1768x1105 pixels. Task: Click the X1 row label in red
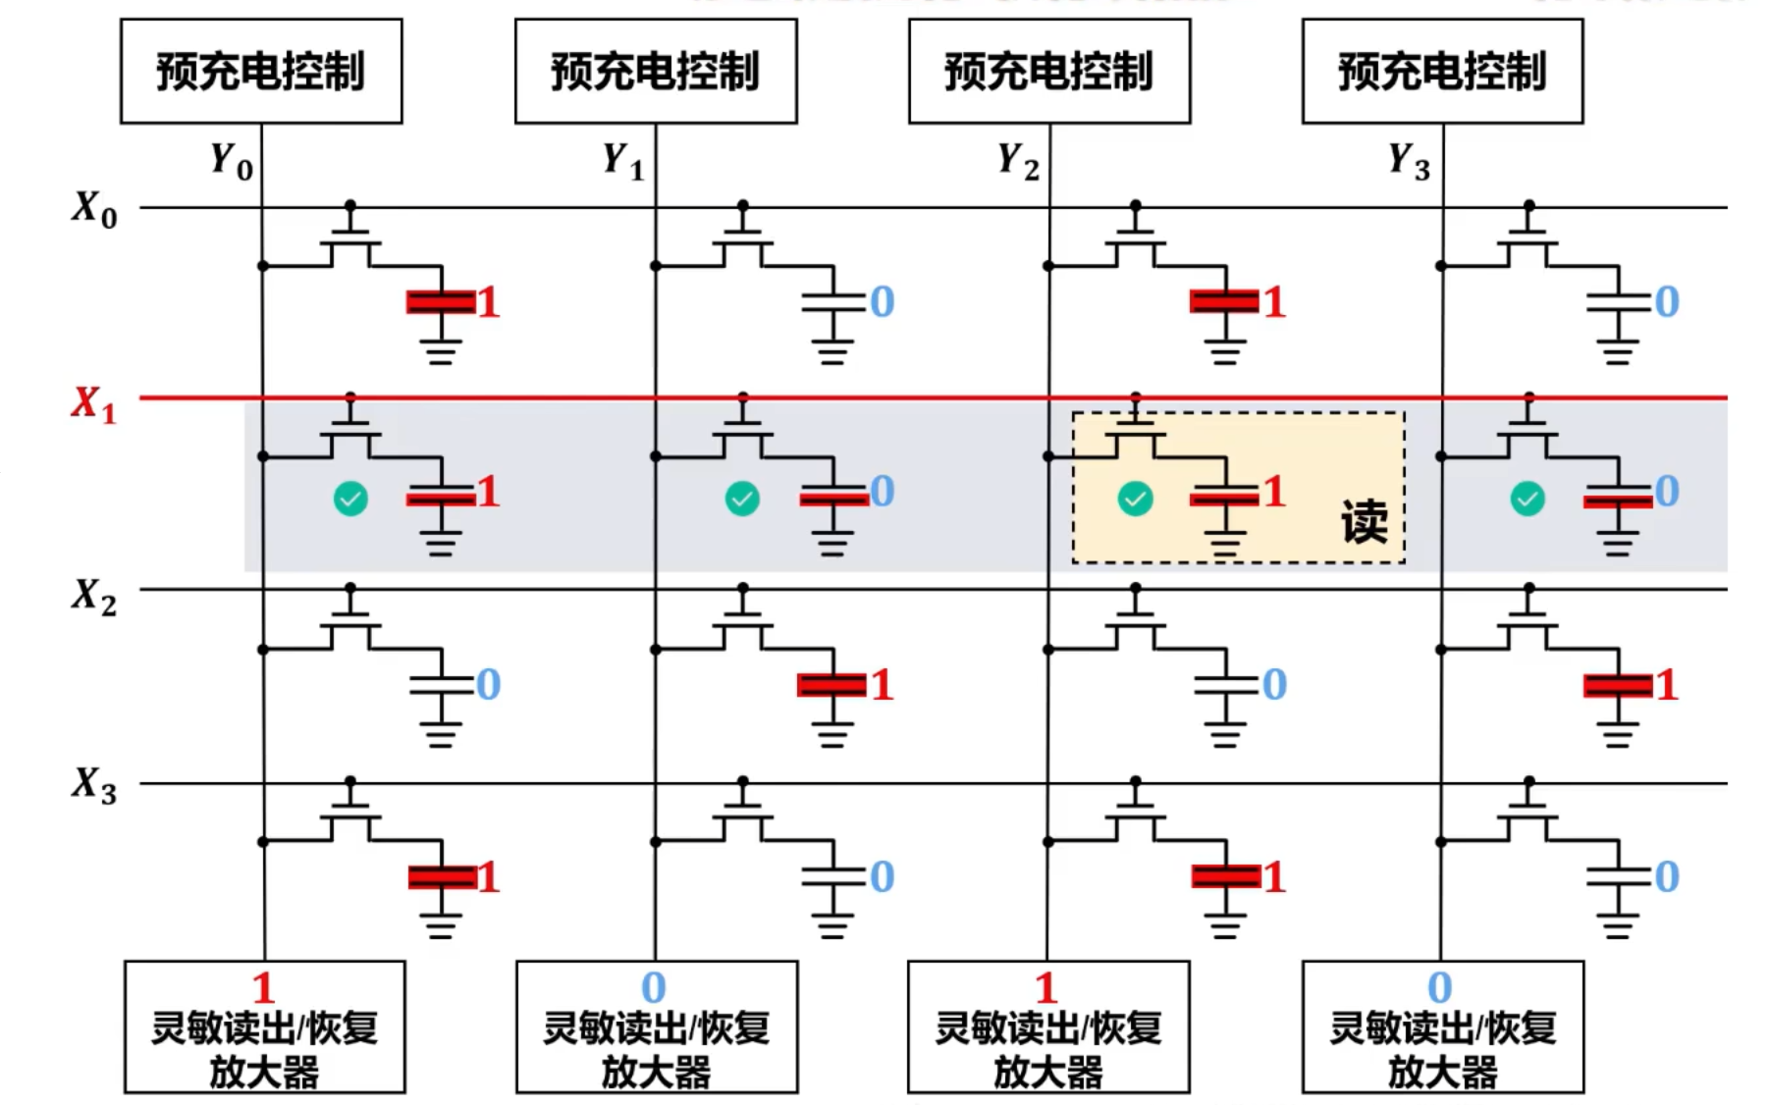click(93, 403)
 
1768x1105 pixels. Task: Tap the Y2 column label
click(1018, 160)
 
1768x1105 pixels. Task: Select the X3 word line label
click(93, 785)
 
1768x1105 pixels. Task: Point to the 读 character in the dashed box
click(1365, 521)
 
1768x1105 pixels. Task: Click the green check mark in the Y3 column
click(1527, 499)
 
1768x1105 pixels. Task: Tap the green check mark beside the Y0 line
click(350, 499)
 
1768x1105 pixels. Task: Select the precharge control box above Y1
click(656, 71)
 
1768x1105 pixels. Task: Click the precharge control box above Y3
click(1442, 71)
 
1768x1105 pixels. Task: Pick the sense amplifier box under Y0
click(264, 1026)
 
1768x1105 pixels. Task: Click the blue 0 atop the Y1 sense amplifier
click(654, 986)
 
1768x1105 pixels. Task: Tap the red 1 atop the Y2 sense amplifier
click(1046, 986)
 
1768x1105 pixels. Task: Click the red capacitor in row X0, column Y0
click(441, 301)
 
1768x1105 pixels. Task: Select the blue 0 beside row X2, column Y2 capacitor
click(1274, 684)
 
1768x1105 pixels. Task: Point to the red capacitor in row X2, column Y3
click(1618, 685)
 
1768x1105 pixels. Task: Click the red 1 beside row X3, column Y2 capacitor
click(1274, 876)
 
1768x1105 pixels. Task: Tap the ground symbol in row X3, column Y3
click(1618, 924)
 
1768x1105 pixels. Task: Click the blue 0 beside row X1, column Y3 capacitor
click(1667, 491)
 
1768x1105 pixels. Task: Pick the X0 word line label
click(93, 209)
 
